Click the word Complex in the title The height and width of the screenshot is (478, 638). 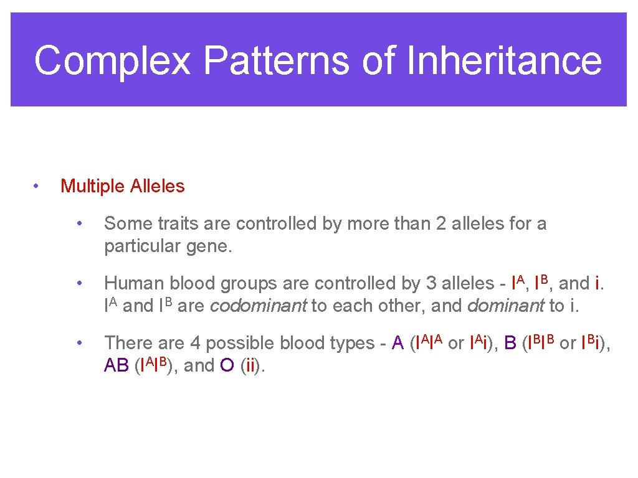click(x=113, y=61)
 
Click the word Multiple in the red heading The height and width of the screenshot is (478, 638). click(x=93, y=186)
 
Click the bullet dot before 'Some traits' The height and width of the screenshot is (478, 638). click(x=79, y=223)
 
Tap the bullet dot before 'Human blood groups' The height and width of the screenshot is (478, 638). click(x=79, y=283)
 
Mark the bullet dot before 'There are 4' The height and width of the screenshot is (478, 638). click(x=79, y=343)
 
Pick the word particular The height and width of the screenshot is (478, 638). click(x=134, y=246)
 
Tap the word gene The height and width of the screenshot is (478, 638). click(x=208, y=246)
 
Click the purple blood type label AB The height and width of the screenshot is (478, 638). click(x=117, y=366)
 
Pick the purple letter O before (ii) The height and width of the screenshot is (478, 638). click(x=227, y=366)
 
